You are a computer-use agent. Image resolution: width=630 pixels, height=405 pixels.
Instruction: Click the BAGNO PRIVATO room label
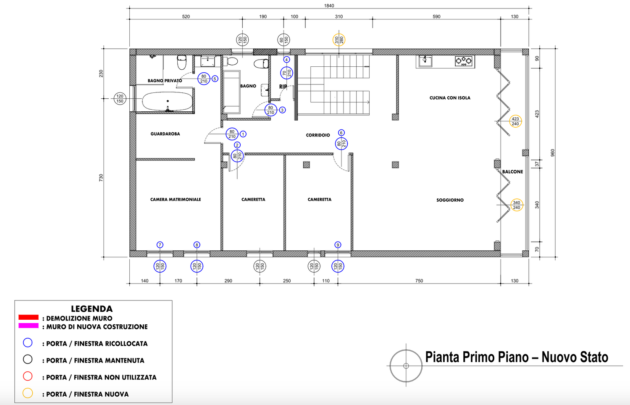pyautogui.click(x=165, y=81)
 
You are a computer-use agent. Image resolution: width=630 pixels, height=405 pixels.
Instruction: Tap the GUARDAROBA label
pyautogui.click(x=165, y=134)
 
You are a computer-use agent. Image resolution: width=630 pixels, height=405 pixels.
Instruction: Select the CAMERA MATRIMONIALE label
pyautogui.click(x=176, y=200)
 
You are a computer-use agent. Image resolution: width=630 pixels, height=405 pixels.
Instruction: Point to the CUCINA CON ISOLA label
pyautogui.click(x=450, y=98)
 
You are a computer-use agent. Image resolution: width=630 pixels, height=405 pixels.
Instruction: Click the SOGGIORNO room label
pyautogui.click(x=450, y=200)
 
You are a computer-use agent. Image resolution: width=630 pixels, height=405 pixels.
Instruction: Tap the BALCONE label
pyautogui.click(x=512, y=171)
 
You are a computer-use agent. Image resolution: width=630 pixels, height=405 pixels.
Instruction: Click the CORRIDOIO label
pyautogui.click(x=318, y=135)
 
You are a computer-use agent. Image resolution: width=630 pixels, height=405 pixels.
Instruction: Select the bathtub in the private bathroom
pyautogui.click(x=167, y=101)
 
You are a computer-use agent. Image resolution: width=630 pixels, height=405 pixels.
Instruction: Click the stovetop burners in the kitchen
pyautogui.click(x=464, y=61)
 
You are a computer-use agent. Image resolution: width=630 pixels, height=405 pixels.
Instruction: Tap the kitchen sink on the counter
pyautogui.click(x=425, y=61)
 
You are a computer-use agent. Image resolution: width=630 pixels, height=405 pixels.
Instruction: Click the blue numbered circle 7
pyautogui.click(x=160, y=245)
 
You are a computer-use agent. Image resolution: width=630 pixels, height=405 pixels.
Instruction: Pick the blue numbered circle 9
pyautogui.click(x=338, y=245)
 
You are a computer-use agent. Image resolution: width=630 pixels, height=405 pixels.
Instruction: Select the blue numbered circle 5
pyautogui.click(x=215, y=79)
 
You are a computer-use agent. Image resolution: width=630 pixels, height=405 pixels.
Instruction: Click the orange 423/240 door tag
pyautogui.click(x=515, y=121)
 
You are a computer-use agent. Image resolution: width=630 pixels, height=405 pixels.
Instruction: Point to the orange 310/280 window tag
pyautogui.click(x=339, y=40)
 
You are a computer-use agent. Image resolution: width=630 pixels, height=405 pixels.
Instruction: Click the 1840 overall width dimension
pyautogui.click(x=329, y=5)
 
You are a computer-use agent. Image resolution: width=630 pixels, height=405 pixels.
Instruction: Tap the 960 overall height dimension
pyautogui.click(x=553, y=153)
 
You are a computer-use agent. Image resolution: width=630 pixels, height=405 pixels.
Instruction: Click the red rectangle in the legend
pyautogui.click(x=29, y=317)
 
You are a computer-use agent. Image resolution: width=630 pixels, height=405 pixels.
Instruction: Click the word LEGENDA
pyautogui.click(x=92, y=309)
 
